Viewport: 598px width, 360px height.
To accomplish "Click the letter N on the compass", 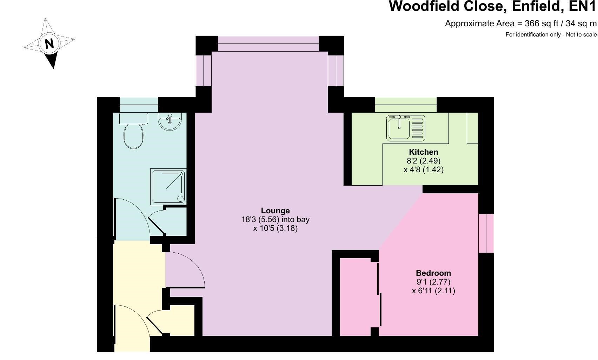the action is point(49,44).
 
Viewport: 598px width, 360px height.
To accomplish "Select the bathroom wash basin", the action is point(170,121).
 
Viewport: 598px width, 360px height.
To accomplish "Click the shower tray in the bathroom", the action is point(168,187).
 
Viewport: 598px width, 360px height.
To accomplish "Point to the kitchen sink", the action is point(406,128).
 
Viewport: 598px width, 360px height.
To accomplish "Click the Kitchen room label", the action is point(423,152).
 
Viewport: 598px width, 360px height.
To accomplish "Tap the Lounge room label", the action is point(275,211).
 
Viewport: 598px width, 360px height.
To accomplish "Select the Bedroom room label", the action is point(433,273).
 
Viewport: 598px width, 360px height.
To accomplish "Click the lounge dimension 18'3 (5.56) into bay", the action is point(275,220).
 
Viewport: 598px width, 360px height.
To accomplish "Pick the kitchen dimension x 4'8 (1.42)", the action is point(423,170).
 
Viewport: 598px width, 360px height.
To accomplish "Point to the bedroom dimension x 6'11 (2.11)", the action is point(433,291).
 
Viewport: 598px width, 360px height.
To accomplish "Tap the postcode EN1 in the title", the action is point(582,6).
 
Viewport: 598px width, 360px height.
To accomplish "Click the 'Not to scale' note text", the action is point(581,34).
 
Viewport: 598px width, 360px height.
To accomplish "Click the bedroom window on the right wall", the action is point(486,233).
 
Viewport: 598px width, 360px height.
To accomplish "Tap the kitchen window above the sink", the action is point(406,105).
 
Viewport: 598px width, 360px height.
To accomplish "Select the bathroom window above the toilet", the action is point(139,105).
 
